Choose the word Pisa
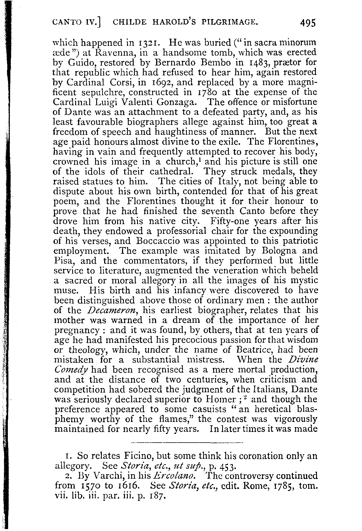click(x=62, y=261)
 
